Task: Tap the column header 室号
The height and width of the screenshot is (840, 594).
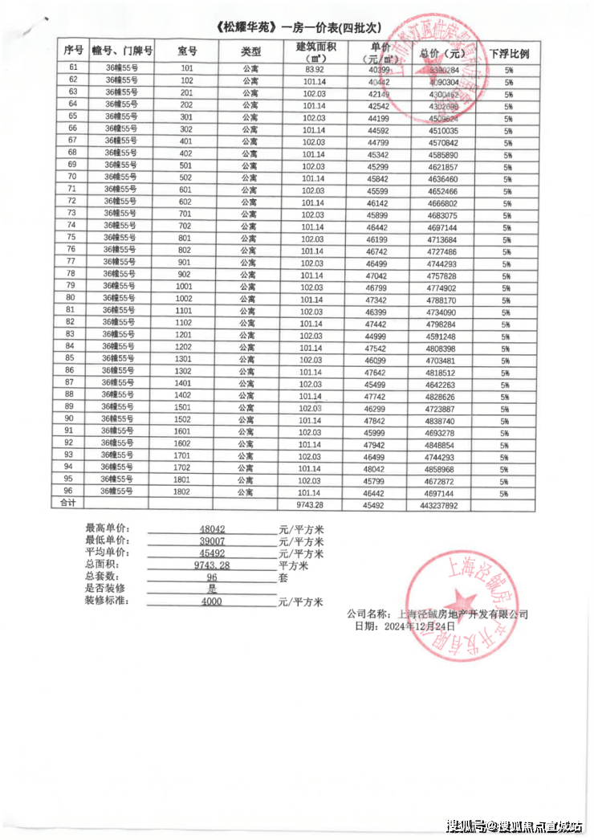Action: (187, 51)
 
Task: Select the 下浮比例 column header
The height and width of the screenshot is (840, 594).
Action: (508, 53)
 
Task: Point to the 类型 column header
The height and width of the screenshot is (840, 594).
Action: (251, 51)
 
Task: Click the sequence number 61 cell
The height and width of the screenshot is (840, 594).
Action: (73, 68)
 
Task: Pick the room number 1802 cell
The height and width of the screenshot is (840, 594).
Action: (184, 491)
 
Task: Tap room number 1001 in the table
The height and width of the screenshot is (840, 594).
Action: (185, 286)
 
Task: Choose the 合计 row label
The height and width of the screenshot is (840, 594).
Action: (68, 504)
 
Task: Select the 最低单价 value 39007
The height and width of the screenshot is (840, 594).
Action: (212, 541)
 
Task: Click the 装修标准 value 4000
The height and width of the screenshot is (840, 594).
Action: (212, 601)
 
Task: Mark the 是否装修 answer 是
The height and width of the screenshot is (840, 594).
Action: (212, 589)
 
